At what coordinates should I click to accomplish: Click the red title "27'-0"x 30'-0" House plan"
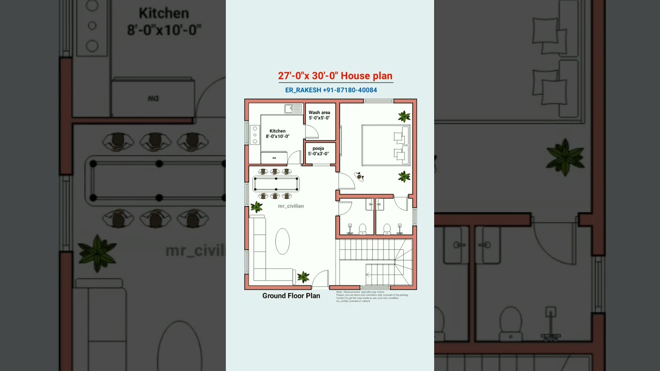click(x=335, y=76)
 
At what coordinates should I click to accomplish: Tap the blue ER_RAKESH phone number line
click(x=331, y=90)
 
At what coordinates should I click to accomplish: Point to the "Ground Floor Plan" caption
click(x=291, y=296)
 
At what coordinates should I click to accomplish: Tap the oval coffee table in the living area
click(x=282, y=241)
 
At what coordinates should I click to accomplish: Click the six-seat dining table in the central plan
click(x=275, y=184)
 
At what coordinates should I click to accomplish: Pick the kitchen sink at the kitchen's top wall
click(x=293, y=109)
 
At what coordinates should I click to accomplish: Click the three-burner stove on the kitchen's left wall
click(x=255, y=134)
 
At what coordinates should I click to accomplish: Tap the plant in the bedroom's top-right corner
click(x=404, y=116)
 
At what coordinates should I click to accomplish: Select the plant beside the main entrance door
click(x=303, y=277)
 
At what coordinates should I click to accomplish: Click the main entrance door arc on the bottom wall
click(x=321, y=279)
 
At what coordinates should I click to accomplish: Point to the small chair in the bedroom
click(x=359, y=177)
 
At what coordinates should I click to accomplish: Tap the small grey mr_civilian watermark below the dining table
click(x=291, y=206)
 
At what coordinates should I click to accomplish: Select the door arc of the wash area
click(x=312, y=131)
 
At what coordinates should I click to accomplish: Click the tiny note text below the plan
click(x=371, y=296)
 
